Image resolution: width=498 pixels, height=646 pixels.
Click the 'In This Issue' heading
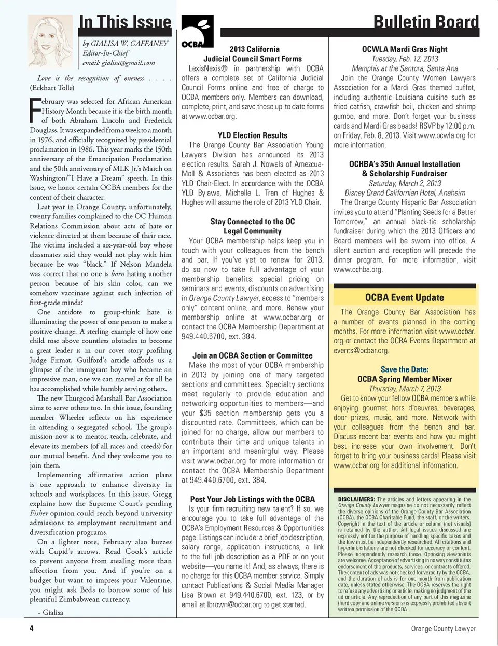coord(125,22)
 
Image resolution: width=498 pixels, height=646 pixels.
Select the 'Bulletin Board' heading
coord(426,22)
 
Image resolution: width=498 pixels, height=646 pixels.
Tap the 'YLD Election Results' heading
coord(252,135)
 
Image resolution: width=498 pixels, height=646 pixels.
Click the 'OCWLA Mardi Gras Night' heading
coord(405,49)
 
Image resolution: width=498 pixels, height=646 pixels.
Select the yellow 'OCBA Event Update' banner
coord(405,297)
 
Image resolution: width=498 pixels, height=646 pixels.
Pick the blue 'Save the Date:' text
coord(405,369)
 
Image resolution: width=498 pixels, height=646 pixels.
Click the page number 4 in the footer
coord(32,628)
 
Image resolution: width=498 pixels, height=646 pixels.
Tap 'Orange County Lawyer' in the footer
coord(443,628)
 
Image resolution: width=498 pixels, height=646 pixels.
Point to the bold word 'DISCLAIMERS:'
coord(356,499)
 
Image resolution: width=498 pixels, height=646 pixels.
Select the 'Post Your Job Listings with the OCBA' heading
coord(252,499)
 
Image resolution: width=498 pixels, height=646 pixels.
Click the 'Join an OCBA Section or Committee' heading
coord(252,355)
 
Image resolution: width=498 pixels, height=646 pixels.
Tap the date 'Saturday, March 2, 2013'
coord(405,183)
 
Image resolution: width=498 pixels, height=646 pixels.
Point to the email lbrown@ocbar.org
coord(236,604)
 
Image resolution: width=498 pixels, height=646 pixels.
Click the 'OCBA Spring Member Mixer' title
coord(405,379)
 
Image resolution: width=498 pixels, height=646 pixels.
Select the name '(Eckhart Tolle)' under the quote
coord(52,88)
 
